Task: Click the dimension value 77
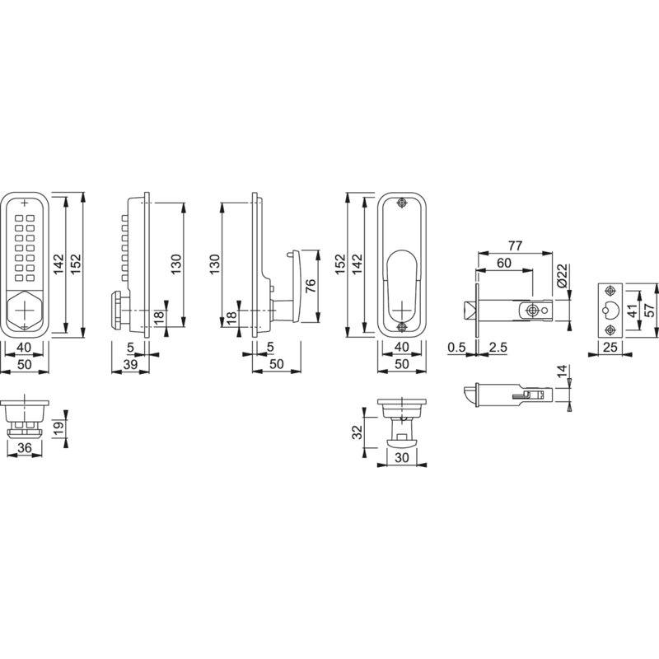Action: [515, 245]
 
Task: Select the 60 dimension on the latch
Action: [504, 263]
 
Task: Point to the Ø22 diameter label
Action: [563, 276]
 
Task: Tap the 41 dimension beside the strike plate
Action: [632, 311]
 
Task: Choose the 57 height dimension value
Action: [650, 311]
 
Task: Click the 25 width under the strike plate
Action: [610, 347]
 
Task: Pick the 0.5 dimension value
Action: [456, 347]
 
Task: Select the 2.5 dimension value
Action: [498, 347]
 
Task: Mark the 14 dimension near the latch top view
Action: [562, 372]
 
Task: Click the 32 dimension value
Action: [357, 432]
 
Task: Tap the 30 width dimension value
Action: [402, 458]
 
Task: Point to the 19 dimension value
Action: [59, 427]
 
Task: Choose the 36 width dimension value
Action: [25, 448]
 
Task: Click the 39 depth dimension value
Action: [130, 364]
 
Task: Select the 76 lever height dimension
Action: [311, 286]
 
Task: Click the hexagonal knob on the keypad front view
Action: [25, 310]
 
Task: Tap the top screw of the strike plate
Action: [610, 292]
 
